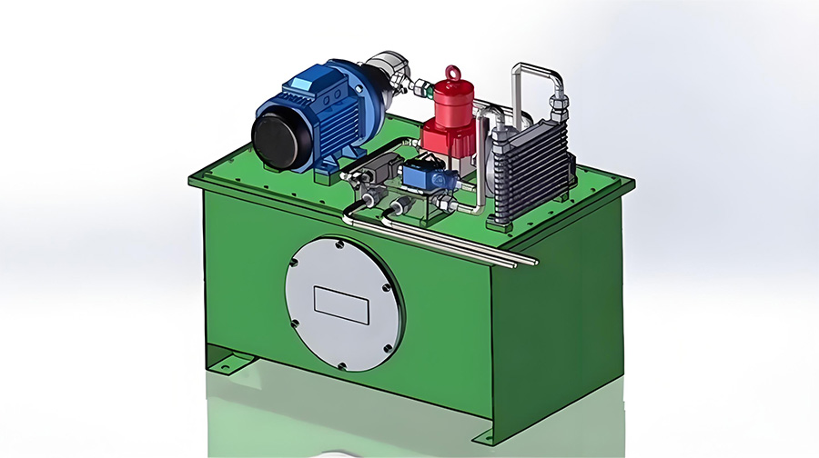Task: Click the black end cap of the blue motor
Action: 277,137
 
